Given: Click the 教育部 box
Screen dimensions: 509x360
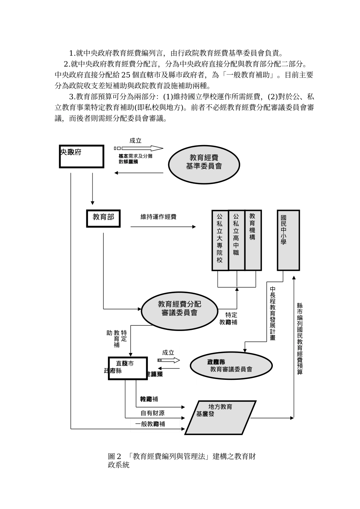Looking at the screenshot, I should (103, 219).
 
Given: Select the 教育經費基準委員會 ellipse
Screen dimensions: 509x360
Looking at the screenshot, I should (204, 164).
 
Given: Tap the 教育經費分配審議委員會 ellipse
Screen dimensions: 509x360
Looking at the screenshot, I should (179, 311).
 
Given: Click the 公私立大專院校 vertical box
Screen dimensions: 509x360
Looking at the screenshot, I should (220, 240).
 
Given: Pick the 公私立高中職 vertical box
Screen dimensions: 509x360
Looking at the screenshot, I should (236, 240).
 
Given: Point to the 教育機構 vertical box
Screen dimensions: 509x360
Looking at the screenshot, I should (253, 240).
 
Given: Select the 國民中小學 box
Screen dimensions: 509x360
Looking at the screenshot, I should (288, 240).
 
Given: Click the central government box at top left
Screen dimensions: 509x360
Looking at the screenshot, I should (81, 156).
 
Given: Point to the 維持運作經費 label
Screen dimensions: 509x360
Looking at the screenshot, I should (158, 217).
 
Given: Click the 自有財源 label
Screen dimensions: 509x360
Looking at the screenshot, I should (152, 413).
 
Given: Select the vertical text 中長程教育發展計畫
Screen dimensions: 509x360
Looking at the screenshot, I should (272, 314).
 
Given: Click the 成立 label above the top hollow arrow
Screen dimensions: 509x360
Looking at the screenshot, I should (135, 141).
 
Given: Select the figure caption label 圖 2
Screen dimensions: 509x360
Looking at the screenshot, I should (114, 456).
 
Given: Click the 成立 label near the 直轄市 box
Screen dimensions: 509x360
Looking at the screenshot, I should (168, 352).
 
